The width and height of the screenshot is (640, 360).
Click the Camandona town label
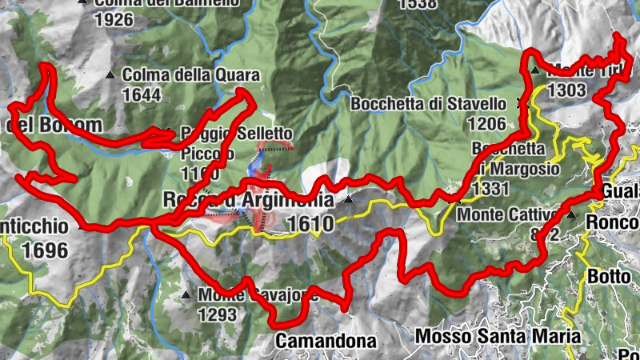pyautogui.click(x=326, y=342)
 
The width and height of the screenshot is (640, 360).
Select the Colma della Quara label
pyautogui.click(x=192, y=76)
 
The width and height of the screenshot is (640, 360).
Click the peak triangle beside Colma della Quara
pyautogui.click(x=110, y=75)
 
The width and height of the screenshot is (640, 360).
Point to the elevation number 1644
pyautogui.click(x=142, y=94)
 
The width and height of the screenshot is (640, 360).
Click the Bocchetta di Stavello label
pyautogui.click(x=428, y=104)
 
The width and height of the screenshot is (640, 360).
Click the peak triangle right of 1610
pyautogui.click(x=349, y=200)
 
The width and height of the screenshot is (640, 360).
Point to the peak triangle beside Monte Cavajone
pyautogui.click(x=186, y=295)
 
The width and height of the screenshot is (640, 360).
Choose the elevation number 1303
pyautogui.click(x=567, y=90)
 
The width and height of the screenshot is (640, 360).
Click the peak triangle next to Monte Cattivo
pyautogui.click(x=571, y=214)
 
